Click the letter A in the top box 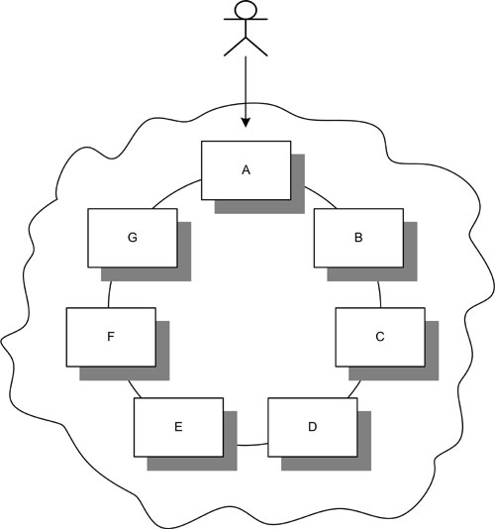pos(246,170)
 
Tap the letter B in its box pos(358,238)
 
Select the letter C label pos(380,337)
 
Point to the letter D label pos(313,427)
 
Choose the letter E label pos(178,427)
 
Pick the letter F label pos(111,337)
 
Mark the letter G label pos(133,238)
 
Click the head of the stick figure pos(246,9)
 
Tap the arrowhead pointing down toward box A pos(246,123)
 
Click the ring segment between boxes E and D pos(252,445)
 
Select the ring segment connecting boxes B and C pos(380,294)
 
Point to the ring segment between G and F pos(109,294)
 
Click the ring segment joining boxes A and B pos(322,197)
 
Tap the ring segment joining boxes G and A pos(175,192)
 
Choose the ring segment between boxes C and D pos(354,389)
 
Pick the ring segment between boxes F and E pos(135,389)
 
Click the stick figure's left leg pos(235,47)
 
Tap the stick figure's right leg pos(257,47)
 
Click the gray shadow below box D pos(326,464)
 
